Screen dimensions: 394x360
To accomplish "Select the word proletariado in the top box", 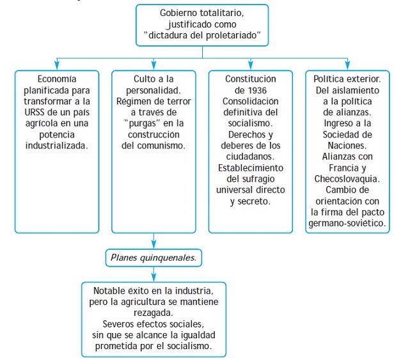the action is (x=231, y=36).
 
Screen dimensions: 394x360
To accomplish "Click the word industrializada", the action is (x=57, y=146).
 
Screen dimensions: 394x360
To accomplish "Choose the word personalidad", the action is (x=154, y=90).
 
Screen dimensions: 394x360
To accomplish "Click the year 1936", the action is (x=257, y=90).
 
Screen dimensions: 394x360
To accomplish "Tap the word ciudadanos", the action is (x=250, y=157).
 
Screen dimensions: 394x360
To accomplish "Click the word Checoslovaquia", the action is (x=347, y=179).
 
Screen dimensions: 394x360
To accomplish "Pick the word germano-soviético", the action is (x=347, y=223).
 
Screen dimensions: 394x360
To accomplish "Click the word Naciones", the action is (x=347, y=146).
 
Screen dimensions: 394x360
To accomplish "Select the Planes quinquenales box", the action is (x=154, y=258).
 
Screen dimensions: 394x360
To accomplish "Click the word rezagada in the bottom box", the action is (x=154, y=313).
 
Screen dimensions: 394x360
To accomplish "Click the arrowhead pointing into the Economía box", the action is (x=57, y=65).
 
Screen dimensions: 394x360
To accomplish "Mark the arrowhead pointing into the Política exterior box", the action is (x=347, y=65).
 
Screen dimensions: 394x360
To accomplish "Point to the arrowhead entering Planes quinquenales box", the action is (x=154, y=244).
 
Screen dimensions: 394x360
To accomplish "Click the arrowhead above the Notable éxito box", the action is (x=154, y=278).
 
